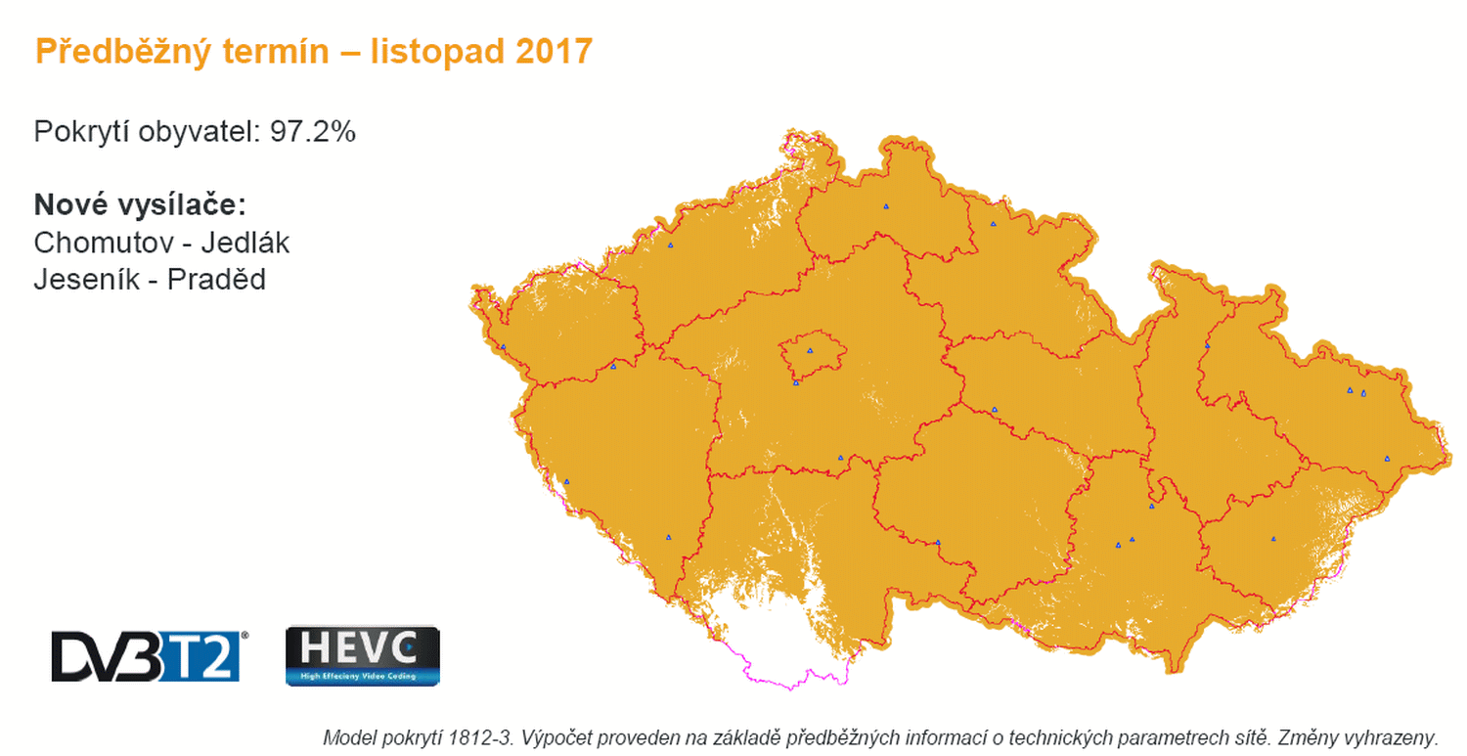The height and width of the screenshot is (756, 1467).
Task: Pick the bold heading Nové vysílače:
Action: (139, 205)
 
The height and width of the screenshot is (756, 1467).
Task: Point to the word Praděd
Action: (216, 279)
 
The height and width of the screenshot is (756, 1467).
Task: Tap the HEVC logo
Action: (362, 654)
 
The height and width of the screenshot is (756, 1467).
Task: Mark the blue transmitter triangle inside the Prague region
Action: (810, 350)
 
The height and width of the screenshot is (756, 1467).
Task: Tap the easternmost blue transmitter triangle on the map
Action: (1387, 458)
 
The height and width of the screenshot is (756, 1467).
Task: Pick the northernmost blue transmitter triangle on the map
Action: (886, 206)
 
